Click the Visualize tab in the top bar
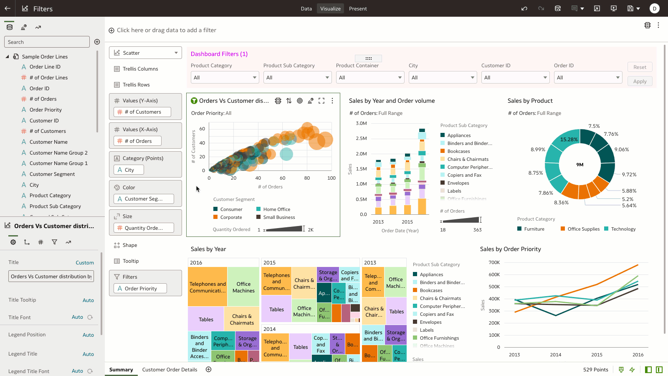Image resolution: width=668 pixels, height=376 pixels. (x=330, y=9)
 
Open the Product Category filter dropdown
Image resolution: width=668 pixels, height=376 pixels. (x=225, y=78)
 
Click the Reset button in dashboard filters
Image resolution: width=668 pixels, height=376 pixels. (x=640, y=67)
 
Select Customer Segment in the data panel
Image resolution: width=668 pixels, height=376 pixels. (x=52, y=174)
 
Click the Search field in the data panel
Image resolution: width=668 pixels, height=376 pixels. (x=47, y=42)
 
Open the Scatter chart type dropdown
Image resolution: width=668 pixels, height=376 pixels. (x=145, y=53)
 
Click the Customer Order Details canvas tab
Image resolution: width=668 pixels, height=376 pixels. (x=170, y=370)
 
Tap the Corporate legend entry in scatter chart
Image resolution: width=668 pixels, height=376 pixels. (x=231, y=217)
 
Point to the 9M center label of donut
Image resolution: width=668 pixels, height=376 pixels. (x=580, y=165)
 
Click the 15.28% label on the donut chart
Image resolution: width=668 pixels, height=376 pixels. (x=569, y=140)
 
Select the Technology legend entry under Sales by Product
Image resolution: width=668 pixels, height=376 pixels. (x=623, y=229)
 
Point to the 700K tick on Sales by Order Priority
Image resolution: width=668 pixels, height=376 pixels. (x=494, y=262)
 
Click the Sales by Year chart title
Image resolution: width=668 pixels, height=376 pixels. (x=208, y=249)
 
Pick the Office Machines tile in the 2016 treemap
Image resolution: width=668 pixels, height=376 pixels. (x=243, y=287)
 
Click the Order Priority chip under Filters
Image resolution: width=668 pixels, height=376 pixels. (x=140, y=289)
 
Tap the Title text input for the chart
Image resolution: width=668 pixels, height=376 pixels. (x=51, y=277)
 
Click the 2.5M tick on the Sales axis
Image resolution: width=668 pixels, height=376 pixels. (x=361, y=138)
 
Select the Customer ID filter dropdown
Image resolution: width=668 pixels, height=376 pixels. (x=515, y=78)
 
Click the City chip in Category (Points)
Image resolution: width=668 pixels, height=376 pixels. (x=129, y=170)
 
